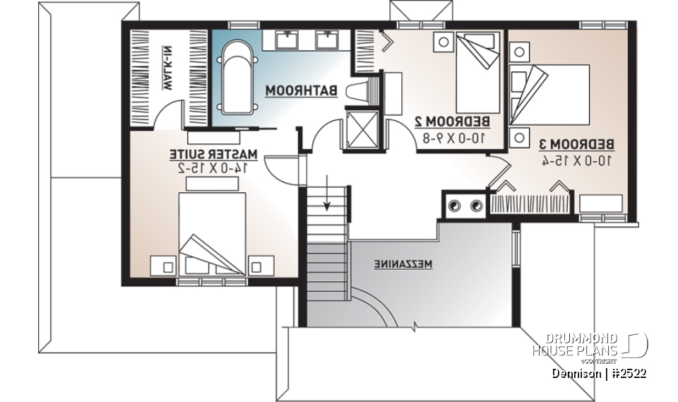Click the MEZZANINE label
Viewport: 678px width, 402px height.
pyautogui.click(x=403, y=264)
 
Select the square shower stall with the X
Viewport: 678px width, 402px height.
pyautogui.click(x=362, y=129)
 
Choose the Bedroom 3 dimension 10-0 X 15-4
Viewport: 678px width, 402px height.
pyautogui.click(x=576, y=160)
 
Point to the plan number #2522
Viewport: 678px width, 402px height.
pyautogui.click(x=629, y=373)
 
